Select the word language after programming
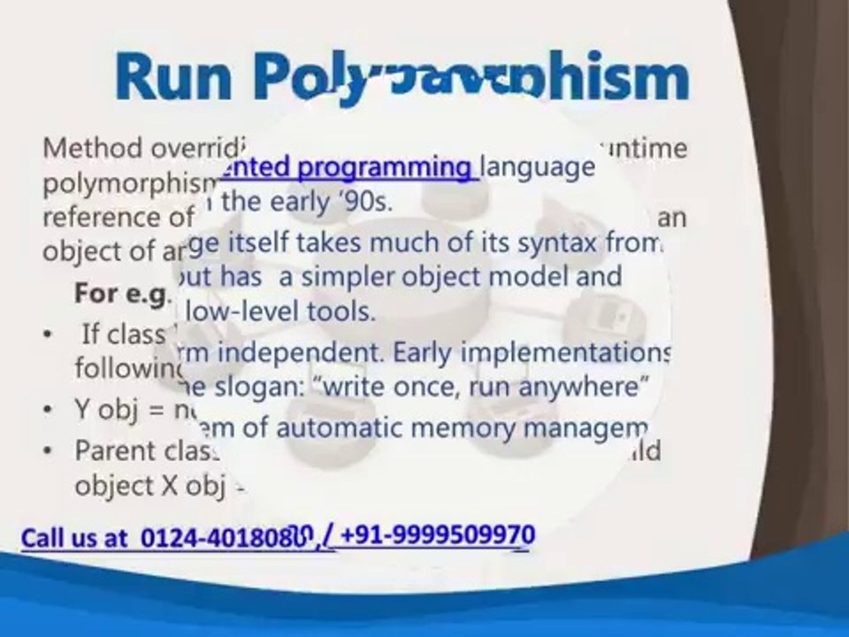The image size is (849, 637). (537, 166)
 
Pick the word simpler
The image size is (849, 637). (347, 277)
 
